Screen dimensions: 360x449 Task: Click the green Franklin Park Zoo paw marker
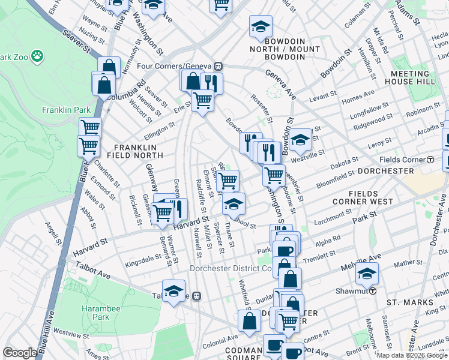pos(37,56)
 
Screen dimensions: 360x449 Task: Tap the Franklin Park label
pos(65,110)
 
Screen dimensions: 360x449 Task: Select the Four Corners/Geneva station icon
pos(219,66)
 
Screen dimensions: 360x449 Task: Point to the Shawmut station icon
pos(372,291)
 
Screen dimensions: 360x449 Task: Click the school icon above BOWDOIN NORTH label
pos(261,27)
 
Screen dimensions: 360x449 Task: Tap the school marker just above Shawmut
pos(366,274)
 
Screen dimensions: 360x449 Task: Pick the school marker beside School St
pos(234,204)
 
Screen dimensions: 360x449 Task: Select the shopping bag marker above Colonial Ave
pos(249,320)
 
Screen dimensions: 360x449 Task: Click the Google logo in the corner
pos(20,353)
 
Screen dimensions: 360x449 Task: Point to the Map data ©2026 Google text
pos(411,355)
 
